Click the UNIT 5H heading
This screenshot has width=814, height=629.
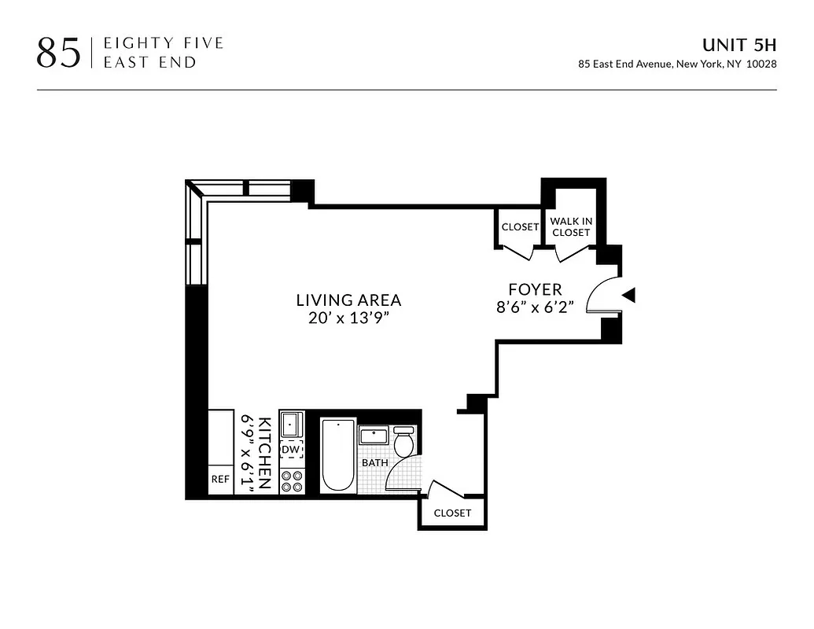pyautogui.click(x=739, y=45)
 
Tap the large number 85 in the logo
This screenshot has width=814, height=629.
pyautogui.click(x=58, y=53)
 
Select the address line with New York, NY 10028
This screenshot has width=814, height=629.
pyautogui.click(x=677, y=64)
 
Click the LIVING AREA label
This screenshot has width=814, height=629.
pyautogui.click(x=348, y=300)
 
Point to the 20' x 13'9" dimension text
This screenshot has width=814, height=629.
pyautogui.click(x=348, y=318)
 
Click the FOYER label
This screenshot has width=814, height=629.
pyautogui.click(x=535, y=289)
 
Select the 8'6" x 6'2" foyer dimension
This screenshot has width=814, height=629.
pyautogui.click(x=540, y=307)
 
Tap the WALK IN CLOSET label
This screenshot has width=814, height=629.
pyautogui.click(x=571, y=227)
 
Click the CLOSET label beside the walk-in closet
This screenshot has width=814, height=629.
pyautogui.click(x=520, y=227)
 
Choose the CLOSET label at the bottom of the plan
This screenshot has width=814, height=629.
pyautogui.click(x=452, y=513)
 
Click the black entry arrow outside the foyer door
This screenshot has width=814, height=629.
pyautogui.click(x=628, y=295)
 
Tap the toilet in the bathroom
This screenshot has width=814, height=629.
pyautogui.click(x=403, y=442)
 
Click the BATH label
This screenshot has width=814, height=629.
pyautogui.click(x=374, y=462)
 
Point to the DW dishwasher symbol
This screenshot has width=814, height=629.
pyautogui.click(x=291, y=449)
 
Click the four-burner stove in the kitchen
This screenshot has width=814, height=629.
pyautogui.click(x=292, y=480)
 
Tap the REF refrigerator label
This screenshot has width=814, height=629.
pyautogui.click(x=219, y=479)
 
